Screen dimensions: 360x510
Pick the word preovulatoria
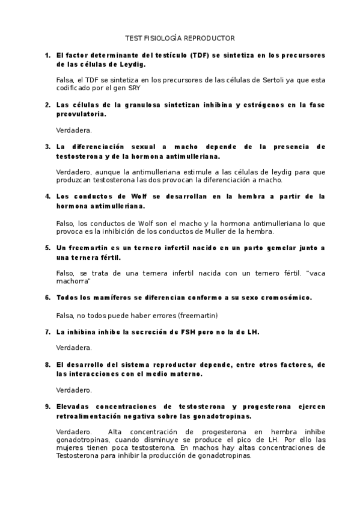tap(81, 113)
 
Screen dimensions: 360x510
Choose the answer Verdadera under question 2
tap(73, 130)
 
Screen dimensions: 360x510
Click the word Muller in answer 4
tap(229, 231)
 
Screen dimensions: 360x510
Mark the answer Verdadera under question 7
tap(73, 348)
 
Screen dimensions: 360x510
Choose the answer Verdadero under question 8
tap(73, 390)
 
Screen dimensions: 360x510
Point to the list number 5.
tap(47, 248)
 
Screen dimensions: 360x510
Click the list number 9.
tap(47, 407)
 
